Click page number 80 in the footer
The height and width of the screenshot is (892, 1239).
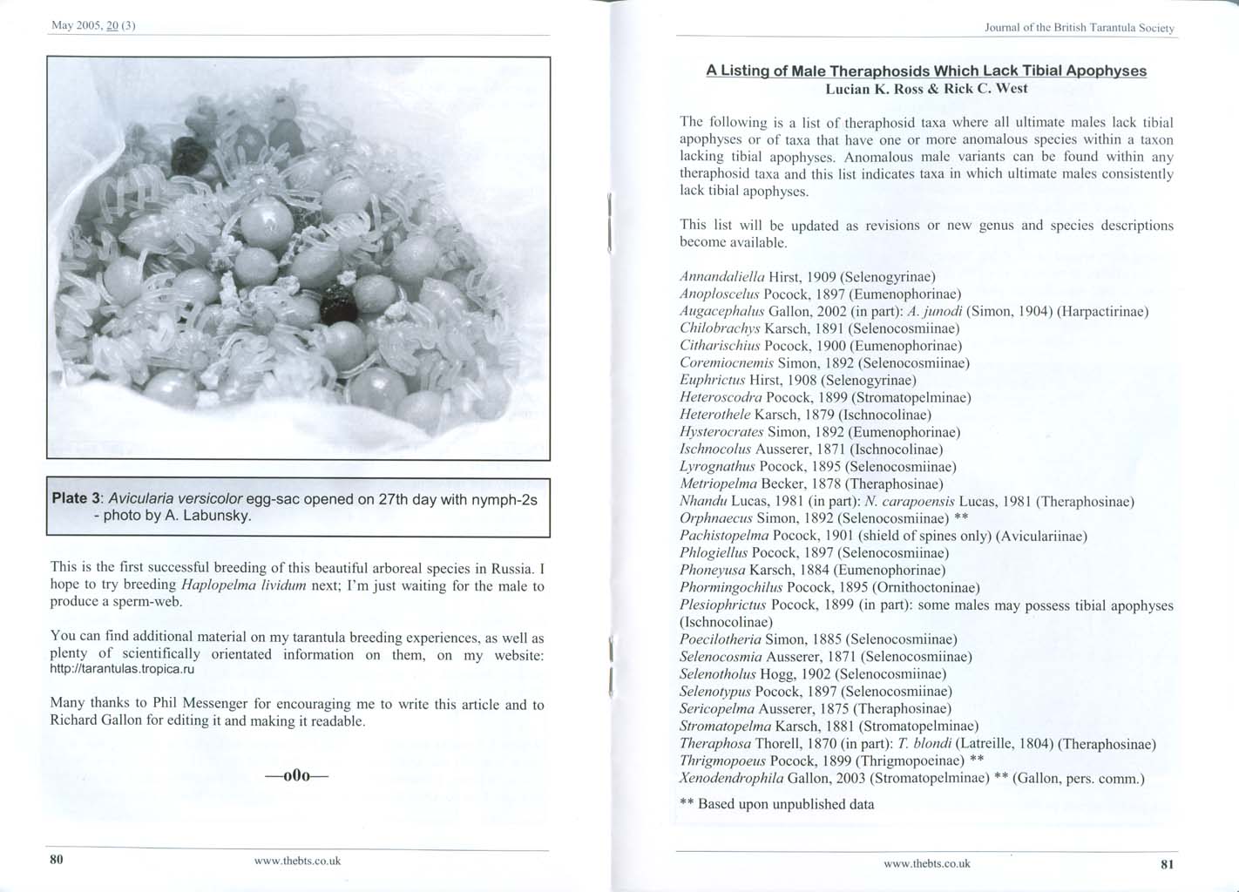pyautogui.click(x=57, y=860)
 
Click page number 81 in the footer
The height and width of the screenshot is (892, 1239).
pyautogui.click(x=1168, y=864)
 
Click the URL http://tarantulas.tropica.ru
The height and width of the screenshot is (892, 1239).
pyautogui.click(x=122, y=670)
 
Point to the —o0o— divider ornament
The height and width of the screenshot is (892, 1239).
pyautogui.click(x=297, y=775)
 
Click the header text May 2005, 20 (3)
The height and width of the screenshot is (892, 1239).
pyautogui.click(x=93, y=25)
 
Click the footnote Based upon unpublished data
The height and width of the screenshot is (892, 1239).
pyautogui.click(x=785, y=804)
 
